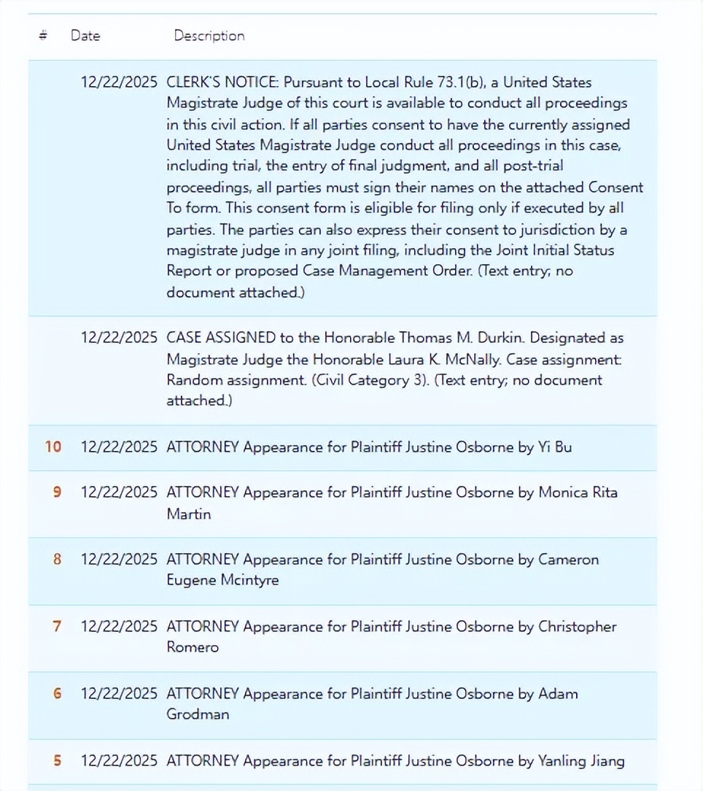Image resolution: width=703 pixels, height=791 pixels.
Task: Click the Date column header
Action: click(85, 36)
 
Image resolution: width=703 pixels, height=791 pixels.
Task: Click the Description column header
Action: click(209, 36)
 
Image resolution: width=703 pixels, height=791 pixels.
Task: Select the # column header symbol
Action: click(43, 36)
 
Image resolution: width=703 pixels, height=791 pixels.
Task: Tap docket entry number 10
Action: click(53, 447)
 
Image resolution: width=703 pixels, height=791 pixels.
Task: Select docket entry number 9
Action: click(57, 492)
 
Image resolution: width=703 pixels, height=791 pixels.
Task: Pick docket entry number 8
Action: click(57, 559)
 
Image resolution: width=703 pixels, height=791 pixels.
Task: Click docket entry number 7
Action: click(57, 626)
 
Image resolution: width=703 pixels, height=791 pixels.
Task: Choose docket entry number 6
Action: click(57, 693)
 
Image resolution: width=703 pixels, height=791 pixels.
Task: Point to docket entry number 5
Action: click(57, 760)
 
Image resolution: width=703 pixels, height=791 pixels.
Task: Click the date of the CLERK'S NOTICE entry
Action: click(119, 82)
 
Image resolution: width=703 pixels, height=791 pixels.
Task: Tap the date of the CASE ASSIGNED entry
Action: click(119, 337)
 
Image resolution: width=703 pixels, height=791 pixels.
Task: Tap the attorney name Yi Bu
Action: click(555, 447)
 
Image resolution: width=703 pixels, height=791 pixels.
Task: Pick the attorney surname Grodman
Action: click(198, 714)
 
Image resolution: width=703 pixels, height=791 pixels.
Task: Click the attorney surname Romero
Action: click(193, 647)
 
